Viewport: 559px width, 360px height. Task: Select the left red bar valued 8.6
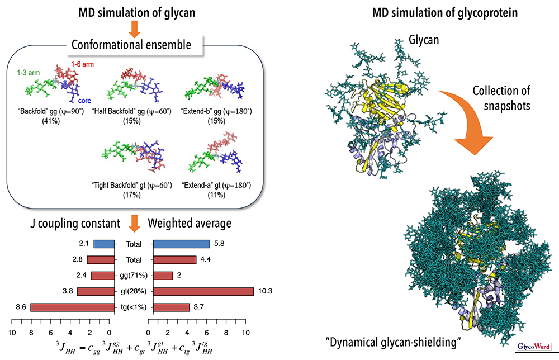(72, 307)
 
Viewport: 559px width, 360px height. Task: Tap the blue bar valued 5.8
(181, 244)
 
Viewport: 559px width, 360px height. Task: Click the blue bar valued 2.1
(104, 244)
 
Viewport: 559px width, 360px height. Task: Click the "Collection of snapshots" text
(501, 98)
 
